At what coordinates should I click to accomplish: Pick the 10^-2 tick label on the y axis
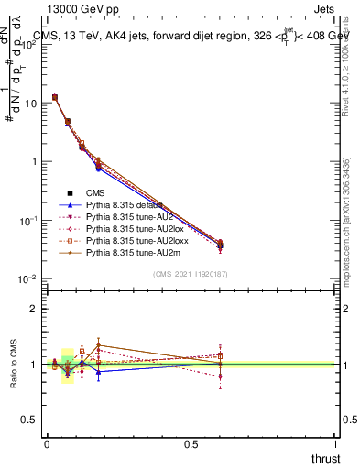coord(27,278)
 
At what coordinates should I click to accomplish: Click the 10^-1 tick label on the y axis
coord(27,220)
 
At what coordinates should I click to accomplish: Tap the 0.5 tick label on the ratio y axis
coord(29,420)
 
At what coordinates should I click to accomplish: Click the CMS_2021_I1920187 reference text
coord(191,275)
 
